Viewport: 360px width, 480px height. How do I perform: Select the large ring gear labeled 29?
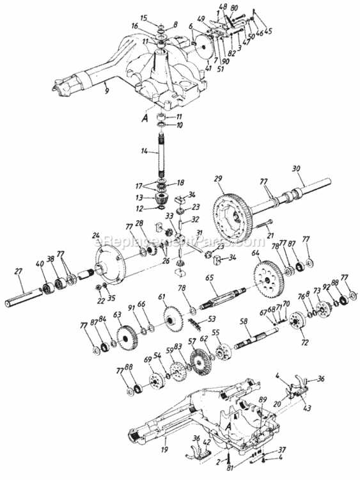point(232,215)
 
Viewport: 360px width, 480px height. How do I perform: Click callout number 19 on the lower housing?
point(166,442)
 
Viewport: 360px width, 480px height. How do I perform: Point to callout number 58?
point(243,321)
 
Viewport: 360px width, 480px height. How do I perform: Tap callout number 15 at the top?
point(143,17)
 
